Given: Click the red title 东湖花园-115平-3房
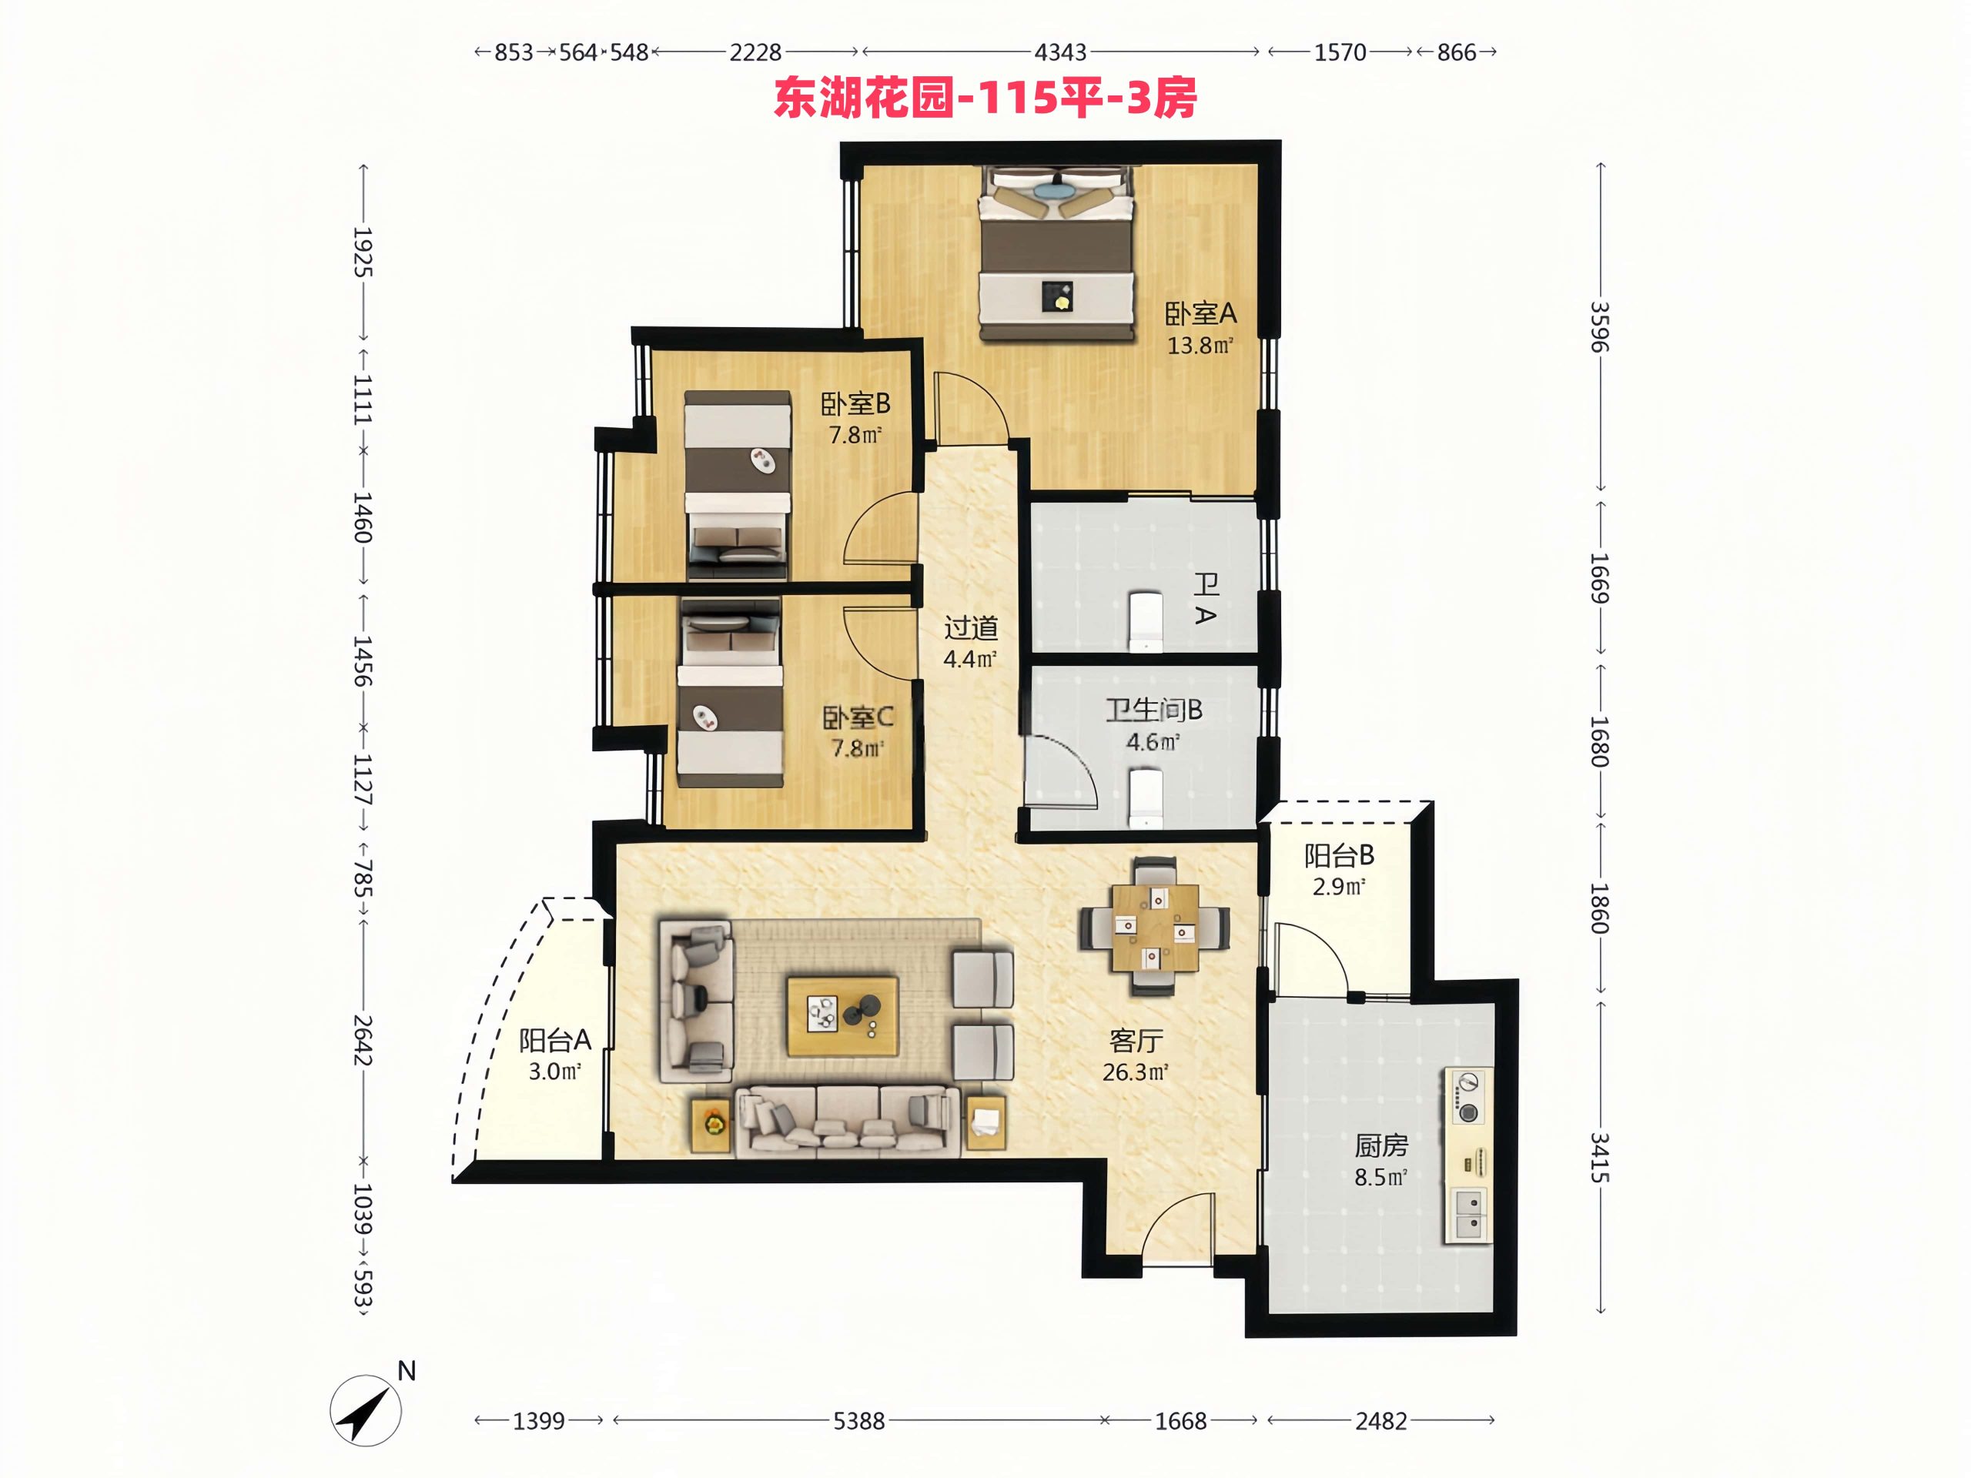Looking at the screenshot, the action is coord(985,98).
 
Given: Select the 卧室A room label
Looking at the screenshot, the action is coord(1200,313).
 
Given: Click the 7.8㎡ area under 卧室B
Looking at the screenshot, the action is coord(855,435).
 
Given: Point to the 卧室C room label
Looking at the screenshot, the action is coord(858,717).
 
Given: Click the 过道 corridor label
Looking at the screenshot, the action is coord(970,628).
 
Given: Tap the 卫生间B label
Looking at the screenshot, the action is coord(1154,710).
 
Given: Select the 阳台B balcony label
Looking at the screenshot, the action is coord(1339,856).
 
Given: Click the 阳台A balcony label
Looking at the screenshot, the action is coord(555,1040).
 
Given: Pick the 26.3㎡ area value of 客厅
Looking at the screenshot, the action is coord(1135,1072).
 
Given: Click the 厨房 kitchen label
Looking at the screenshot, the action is coord(1381,1145).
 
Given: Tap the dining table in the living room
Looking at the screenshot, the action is coord(1155,927).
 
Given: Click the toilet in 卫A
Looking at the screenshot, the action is coord(1146,621).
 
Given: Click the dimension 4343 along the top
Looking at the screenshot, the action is coord(1060,52).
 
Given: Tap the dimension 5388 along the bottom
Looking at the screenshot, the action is coord(859,1421).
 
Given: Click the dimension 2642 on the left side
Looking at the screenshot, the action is coord(362,1040).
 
